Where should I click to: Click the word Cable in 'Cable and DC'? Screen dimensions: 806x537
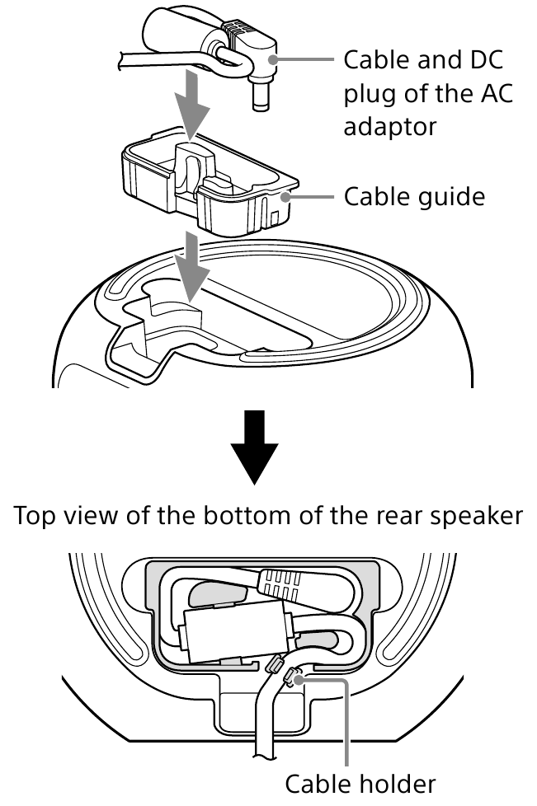click(370, 60)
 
